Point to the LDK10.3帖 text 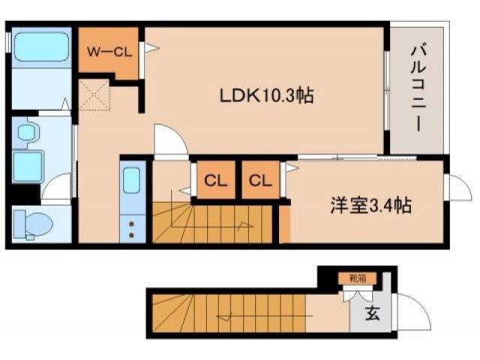click(x=266, y=95)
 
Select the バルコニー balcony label click(x=418, y=88)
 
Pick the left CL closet click(x=216, y=181)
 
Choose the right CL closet click(x=259, y=181)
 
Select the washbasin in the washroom click(x=28, y=134)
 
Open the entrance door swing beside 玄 click(x=408, y=310)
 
